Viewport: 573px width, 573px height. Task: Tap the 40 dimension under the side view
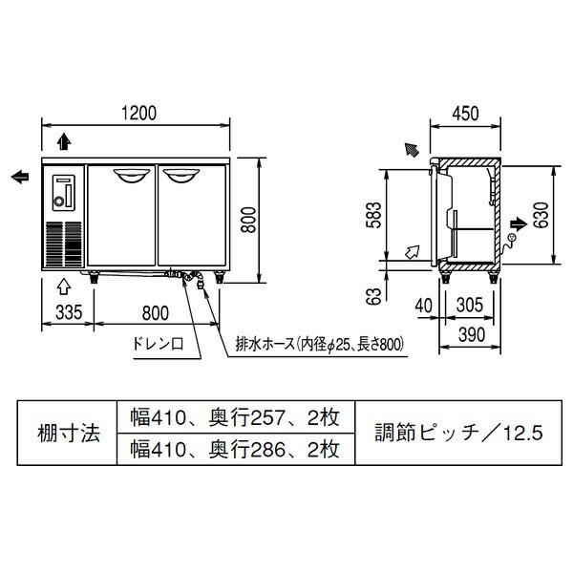pyautogui.click(x=425, y=306)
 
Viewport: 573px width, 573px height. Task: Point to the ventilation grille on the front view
pyautogui.click(x=63, y=244)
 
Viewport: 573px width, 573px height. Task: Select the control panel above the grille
pyautogui.click(x=63, y=191)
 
